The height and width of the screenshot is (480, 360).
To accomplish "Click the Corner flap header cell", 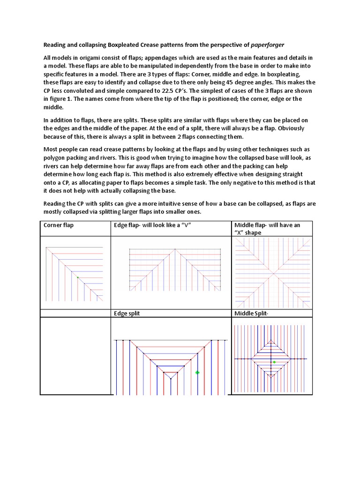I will coord(59,225).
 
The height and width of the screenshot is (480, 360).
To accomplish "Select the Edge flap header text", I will coord(154,225).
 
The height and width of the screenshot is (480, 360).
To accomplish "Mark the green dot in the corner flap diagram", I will coord(77,277).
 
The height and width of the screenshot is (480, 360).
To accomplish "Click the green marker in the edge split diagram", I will coord(197,373).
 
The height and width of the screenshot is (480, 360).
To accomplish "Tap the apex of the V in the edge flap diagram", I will coord(175,249).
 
